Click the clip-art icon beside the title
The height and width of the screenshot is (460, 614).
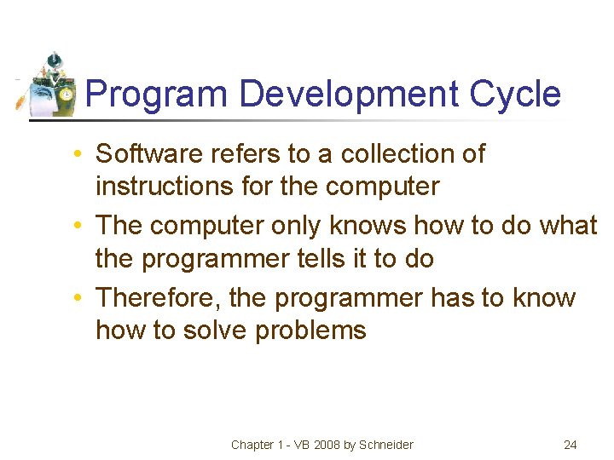[x=49, y=85]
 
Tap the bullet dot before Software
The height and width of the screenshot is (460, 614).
[x=77, y=155]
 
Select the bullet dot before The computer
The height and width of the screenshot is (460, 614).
[x=77, y=227]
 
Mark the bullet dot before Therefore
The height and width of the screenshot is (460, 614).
[x=77, y=299]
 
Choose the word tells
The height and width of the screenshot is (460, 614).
[x=312, y=258]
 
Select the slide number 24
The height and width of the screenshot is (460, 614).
[x=571, y=445]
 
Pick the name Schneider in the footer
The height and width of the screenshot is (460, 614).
[x=386, y=445]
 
